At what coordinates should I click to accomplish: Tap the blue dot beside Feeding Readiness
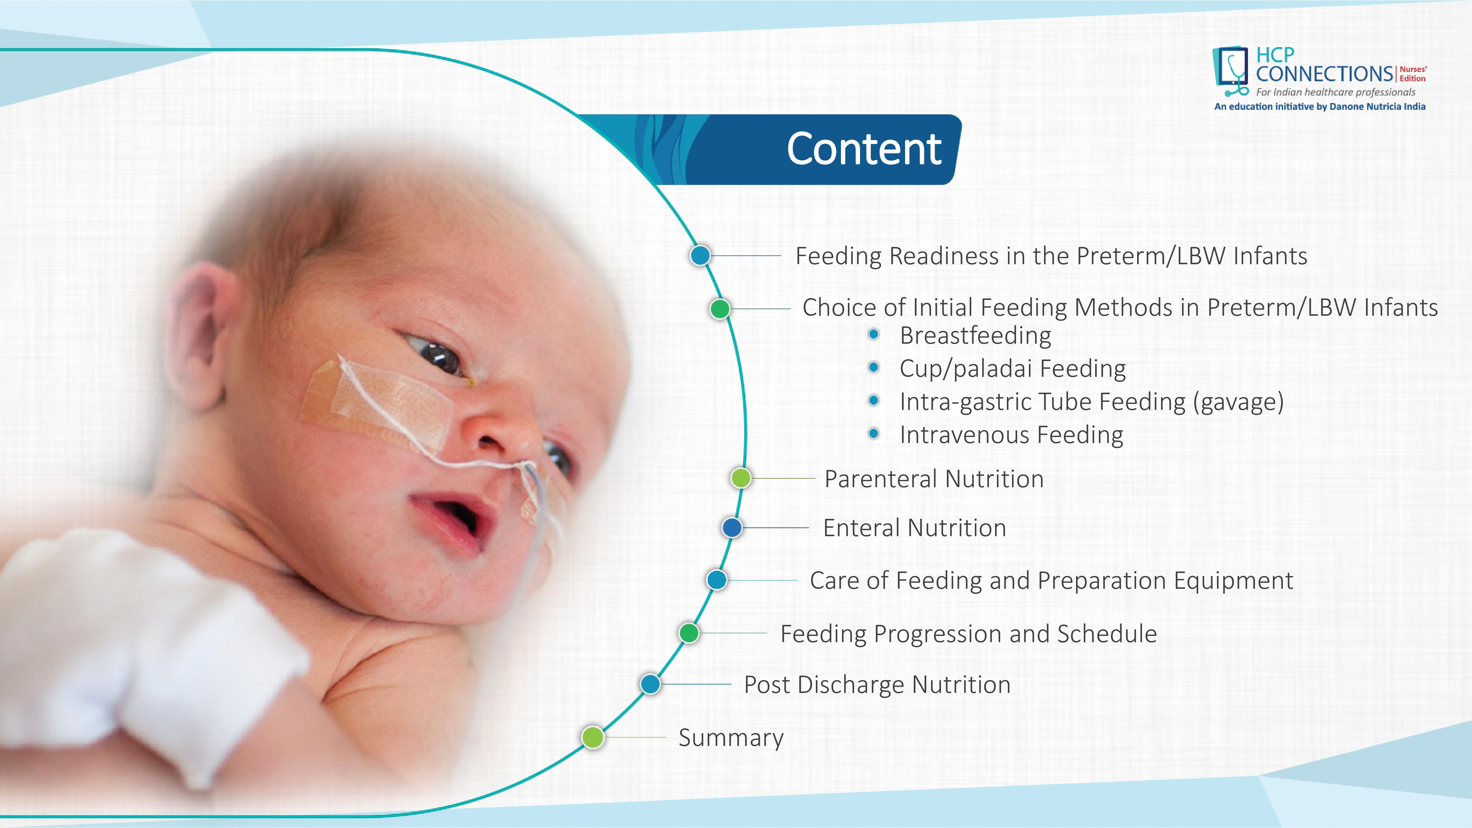pos(700,255)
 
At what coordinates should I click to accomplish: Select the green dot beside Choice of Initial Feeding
pos(720,309)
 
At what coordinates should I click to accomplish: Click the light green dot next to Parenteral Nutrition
pos(741,478)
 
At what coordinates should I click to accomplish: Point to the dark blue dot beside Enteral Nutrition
pos(732,527)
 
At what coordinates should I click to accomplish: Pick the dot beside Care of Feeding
pos(716,580)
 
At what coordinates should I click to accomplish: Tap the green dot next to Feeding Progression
pos(689,633)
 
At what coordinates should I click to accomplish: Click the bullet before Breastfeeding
pos(873,334)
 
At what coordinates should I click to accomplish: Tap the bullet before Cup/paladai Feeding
pos(873,367)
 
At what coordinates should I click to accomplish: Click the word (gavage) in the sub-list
pos(1238,402)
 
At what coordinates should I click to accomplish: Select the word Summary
pos(731,738)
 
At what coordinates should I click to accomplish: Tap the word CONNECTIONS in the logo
pos(1324,74)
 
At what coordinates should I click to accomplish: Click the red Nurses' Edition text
pos(1413,74)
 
